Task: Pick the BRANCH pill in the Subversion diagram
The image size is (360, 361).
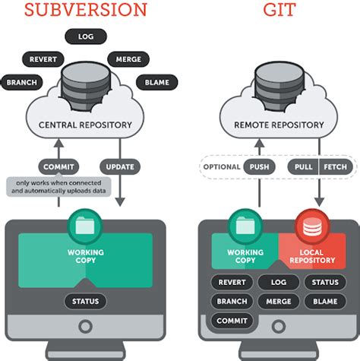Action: [x=23, y=82]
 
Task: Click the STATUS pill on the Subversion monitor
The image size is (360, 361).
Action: [x=85, y=302]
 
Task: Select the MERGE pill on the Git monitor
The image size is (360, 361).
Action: [x=279, y=302]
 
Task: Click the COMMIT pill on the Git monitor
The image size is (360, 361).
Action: [x=232, y=321]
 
